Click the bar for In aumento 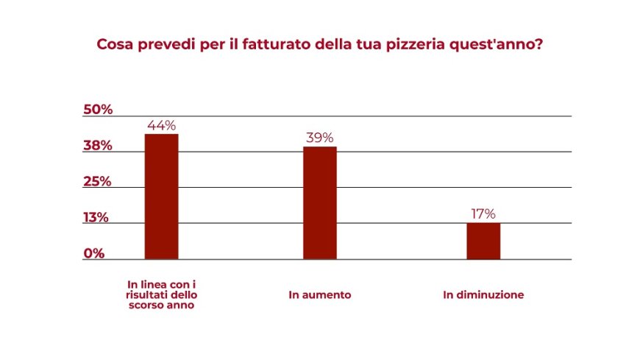320,202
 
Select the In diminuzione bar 483,241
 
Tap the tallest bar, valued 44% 161,196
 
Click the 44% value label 161,125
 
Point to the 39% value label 320,138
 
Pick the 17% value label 483,214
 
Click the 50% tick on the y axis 98,110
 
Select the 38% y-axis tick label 97,146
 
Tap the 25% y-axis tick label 97,182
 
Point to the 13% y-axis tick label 96,218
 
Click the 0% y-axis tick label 93,253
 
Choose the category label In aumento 320,295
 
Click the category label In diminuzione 483,295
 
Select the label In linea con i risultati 162,289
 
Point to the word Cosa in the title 115,44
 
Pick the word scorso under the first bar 146,305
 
